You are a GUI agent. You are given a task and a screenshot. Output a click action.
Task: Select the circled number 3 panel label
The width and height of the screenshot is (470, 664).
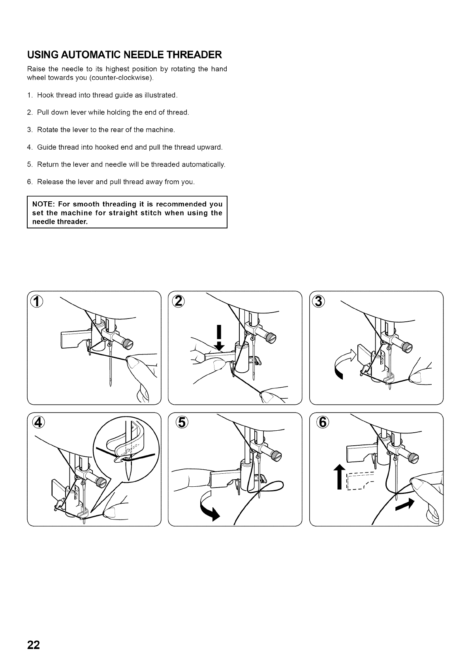pyautogui.click(x=320, y=302)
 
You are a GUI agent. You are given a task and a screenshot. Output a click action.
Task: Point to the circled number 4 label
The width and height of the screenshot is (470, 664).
pyautogui.click(x=38, y=423)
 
